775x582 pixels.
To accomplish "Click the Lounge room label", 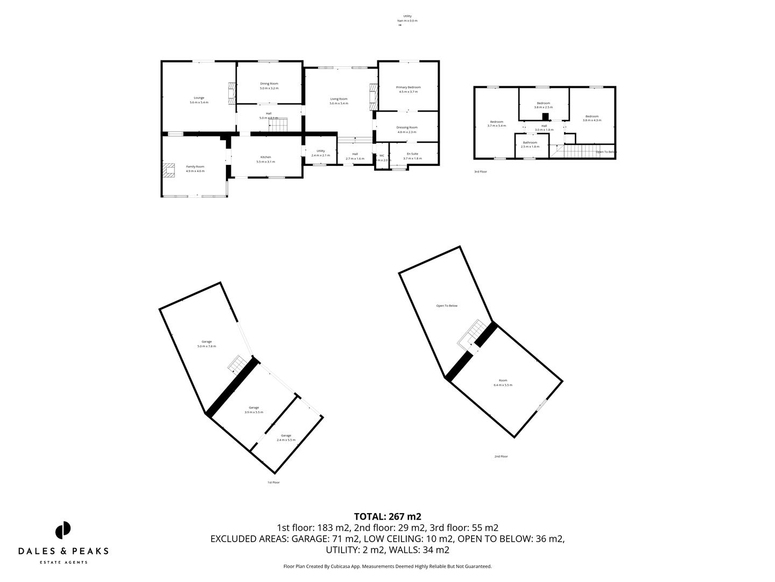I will pos(199,100).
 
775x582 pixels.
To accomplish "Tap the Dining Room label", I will pos(269,86).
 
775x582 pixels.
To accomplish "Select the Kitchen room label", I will pos(266,159).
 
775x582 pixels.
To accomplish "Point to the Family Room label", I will pos(195,169).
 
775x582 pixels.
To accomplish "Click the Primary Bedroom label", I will pos(408,89).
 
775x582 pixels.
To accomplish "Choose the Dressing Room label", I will pos(407,129).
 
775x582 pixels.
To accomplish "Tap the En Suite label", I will pos(412,156).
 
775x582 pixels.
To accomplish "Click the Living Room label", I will pos(339,101).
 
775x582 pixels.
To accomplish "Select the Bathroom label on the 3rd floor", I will pos(530,144).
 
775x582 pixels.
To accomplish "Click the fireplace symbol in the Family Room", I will pos(169,171).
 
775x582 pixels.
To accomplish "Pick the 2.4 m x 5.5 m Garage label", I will pos(286,438).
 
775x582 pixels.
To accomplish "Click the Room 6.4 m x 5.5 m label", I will pos(503,383).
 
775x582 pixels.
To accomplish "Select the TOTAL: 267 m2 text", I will pos(387,516).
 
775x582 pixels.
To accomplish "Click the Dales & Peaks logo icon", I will pos(63,530).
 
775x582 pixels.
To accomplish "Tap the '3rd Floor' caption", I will pos(480,172).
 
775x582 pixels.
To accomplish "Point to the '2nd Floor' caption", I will pos(501,456).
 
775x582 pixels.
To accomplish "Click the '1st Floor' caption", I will pos(273,482).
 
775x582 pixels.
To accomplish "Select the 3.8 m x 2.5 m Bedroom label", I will pos(543,105).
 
